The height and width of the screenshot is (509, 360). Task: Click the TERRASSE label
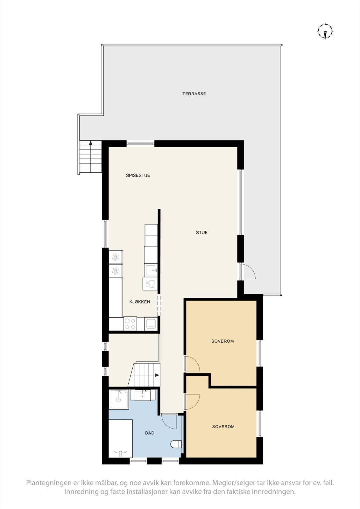point(194,94)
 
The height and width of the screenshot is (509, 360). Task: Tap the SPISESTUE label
point(138,175)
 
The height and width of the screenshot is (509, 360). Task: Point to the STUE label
point(202,233)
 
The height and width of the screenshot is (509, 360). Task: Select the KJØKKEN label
point(139,302)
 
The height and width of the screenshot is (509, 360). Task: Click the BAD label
point(150,433)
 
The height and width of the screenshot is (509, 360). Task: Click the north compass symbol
point(325,31)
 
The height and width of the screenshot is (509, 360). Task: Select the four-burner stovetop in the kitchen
point(130,324)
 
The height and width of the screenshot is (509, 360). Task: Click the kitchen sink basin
point(151,271)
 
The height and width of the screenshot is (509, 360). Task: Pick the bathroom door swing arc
point(169,422)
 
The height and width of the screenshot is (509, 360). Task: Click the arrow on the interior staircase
point(157,375)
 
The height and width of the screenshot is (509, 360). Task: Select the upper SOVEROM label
point(222,341)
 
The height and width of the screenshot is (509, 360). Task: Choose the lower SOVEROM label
point(223,427)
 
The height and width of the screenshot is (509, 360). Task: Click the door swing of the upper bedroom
point(192,364)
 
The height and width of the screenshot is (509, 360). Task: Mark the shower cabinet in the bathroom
point(119,399)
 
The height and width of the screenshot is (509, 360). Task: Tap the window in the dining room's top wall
point(141,144)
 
